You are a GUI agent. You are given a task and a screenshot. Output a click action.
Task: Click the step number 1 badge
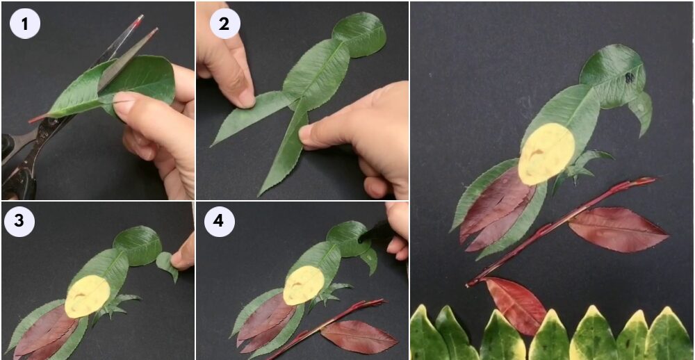coord(25,24)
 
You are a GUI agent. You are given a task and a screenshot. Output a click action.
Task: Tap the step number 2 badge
coord(224,24)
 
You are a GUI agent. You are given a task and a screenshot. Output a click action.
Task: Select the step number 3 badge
coord(19,221)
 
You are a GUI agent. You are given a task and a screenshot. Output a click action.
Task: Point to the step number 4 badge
coord(219,221)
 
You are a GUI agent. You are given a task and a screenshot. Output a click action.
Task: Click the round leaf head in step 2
coord(359,34)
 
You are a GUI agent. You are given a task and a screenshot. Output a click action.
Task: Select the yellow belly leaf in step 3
coord(88,296)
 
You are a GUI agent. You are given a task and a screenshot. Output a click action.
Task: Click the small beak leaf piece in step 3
coord(167,265)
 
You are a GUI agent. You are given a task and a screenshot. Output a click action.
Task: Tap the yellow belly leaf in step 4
coord(304,285)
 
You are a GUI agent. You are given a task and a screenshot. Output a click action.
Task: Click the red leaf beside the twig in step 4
coord(359,337)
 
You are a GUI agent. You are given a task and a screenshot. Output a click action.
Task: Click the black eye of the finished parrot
coord(630,78)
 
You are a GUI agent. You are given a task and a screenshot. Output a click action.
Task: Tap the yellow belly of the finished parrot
coord(546,154)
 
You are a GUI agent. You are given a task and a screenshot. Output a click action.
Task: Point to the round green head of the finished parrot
coord(612,75)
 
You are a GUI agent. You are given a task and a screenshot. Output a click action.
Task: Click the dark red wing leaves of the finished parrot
coord(496,208)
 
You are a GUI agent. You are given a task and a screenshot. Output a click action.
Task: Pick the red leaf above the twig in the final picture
coord(618,229)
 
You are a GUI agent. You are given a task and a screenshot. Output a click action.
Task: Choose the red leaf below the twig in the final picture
coord(517,305)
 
